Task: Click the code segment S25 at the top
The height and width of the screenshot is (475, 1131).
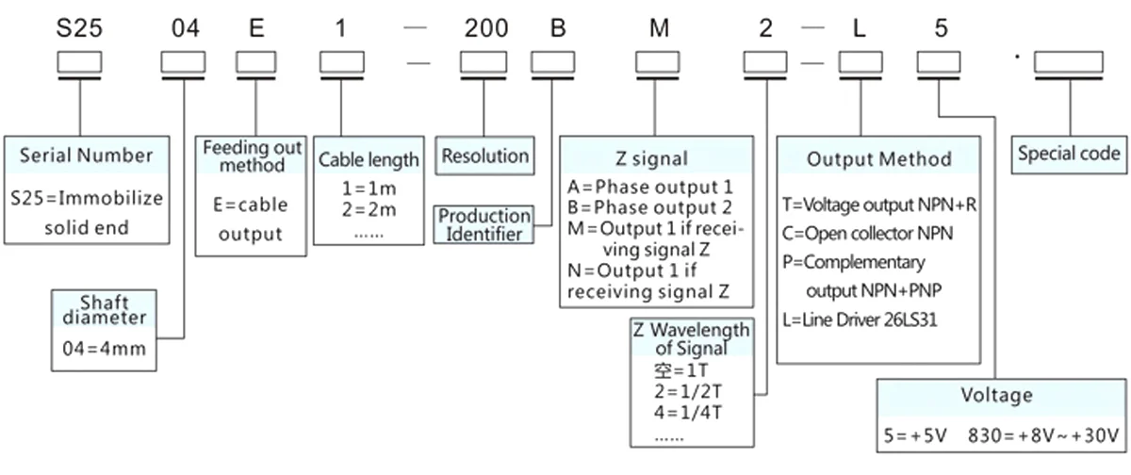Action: tap(79, 27)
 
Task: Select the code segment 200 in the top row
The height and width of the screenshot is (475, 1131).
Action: tap(485, 27)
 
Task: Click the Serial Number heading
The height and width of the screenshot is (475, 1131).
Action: tap(86, 154)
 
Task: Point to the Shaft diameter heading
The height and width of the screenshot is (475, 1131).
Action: tap(105, 310)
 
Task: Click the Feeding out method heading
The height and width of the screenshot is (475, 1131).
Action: tap(252, 156)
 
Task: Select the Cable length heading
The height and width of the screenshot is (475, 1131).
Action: tap(369, 159)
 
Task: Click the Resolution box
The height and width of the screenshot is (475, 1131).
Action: tap(484, 155)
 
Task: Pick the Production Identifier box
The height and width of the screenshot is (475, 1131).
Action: tap(484, 225)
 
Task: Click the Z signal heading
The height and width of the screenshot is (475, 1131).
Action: tap(657, 157)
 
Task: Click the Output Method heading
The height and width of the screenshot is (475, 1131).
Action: tap(879, 158)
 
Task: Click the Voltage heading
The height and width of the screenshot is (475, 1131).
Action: tap(996, 394)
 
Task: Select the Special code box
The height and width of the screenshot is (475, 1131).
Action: tap(1069, 153)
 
